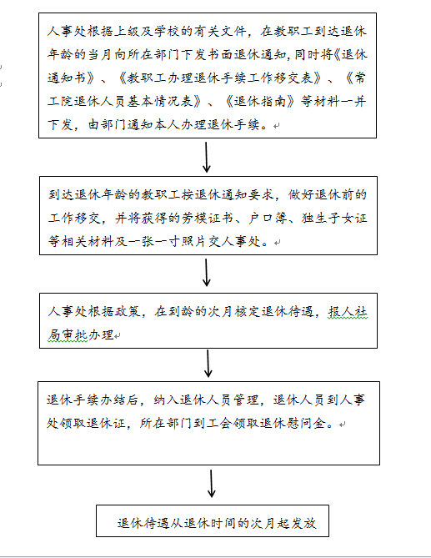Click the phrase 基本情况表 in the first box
[x=160, y=102]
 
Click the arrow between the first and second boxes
[x=206, y=158]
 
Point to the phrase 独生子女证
[x=334, y=219]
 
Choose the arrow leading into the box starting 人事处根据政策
[x=206, y=272]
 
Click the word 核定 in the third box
[x=247, y=312]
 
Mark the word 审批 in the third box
[x=74, y=334]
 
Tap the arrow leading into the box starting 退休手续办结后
[x=208, y=364]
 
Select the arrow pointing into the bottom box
[x=211, y=483]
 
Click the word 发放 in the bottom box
[x=303, y=523]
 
